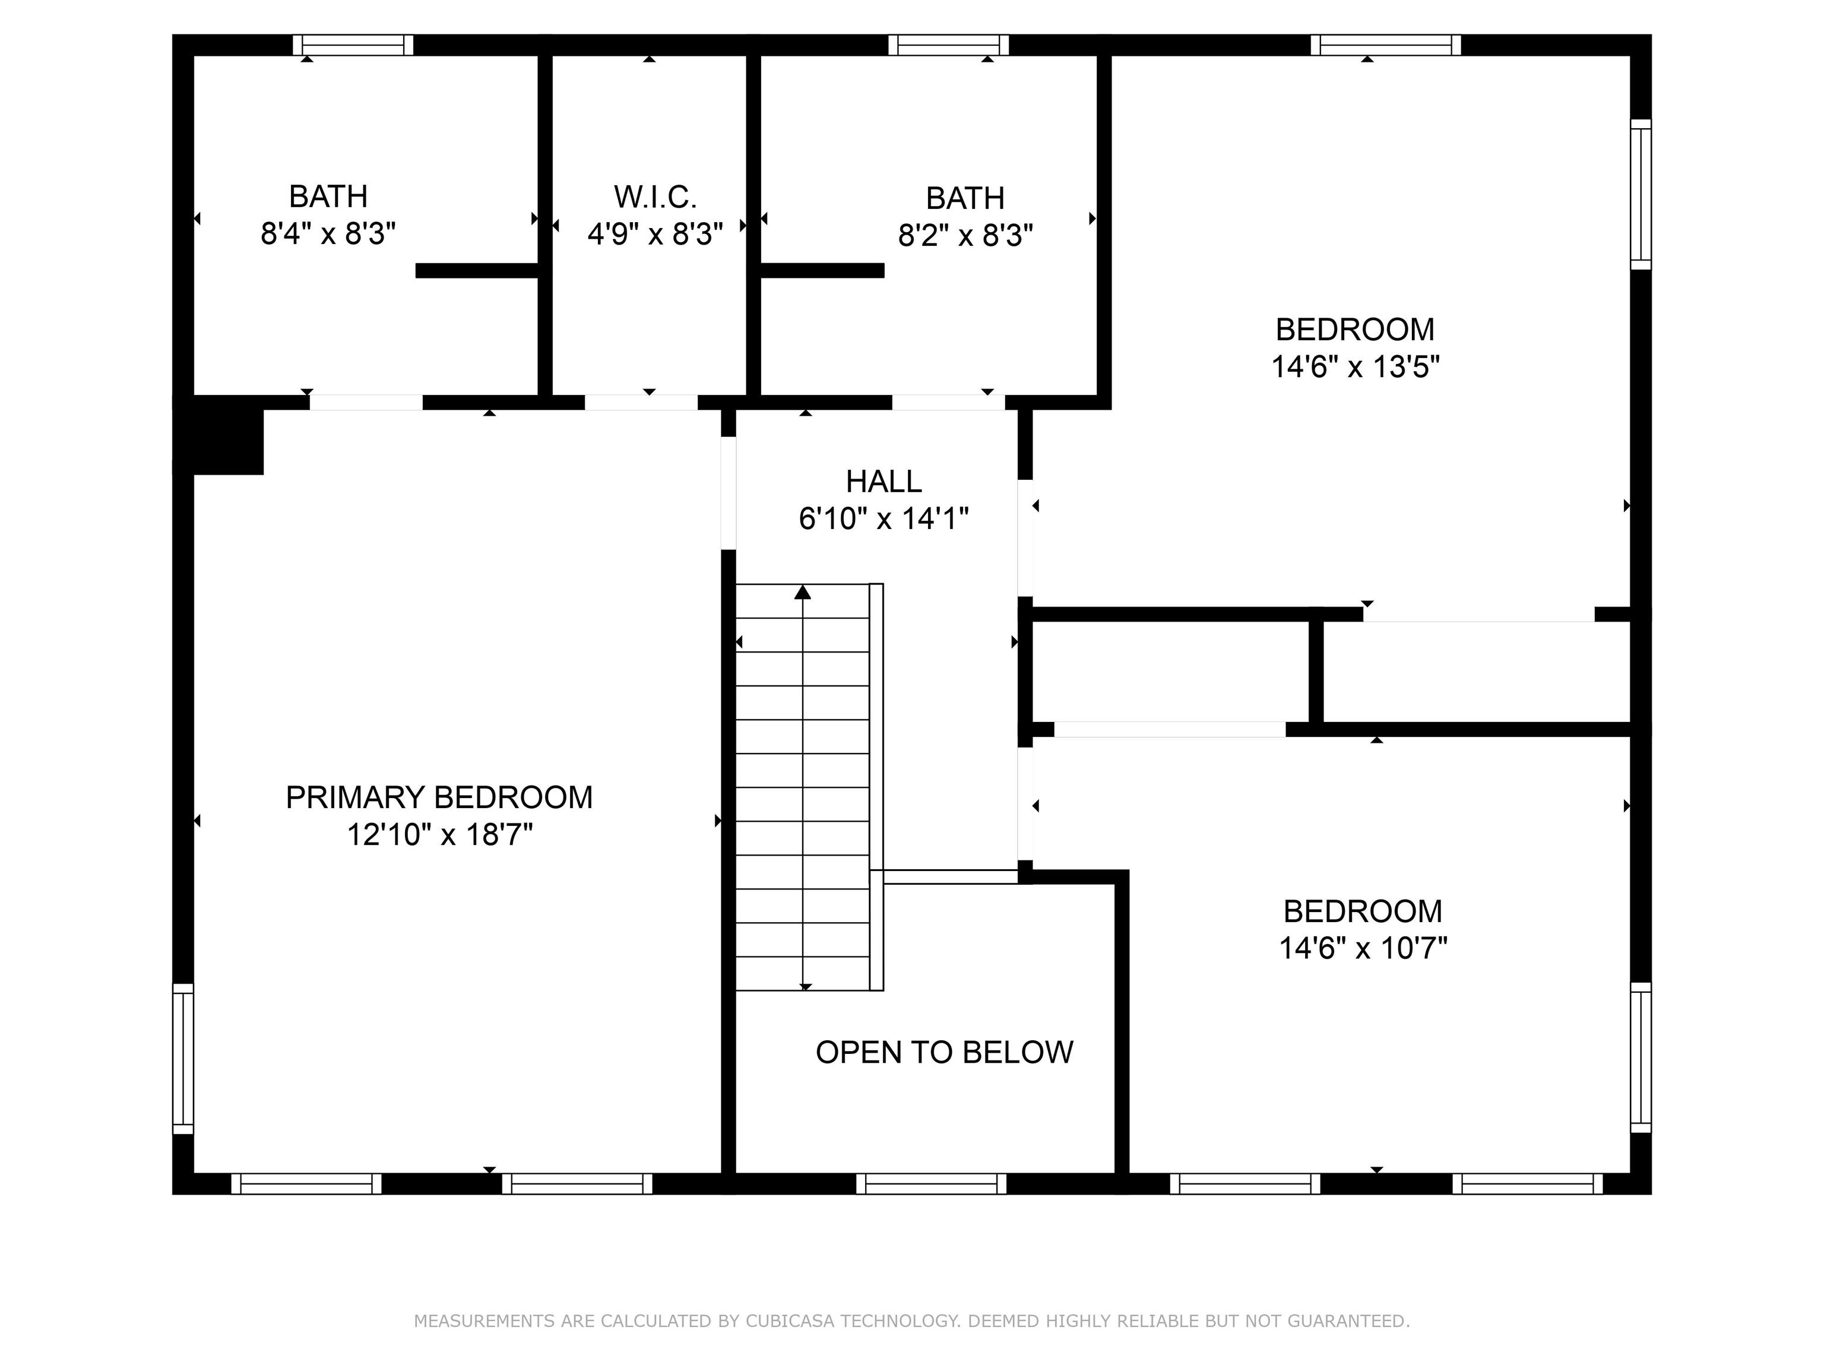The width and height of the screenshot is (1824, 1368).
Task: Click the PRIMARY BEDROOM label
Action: click(439, 797)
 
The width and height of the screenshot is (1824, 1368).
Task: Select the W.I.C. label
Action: click(655, 197)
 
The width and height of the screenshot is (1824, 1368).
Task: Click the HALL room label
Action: click(883, 482)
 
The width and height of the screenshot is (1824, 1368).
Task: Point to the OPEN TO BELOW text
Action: click(944, 1052)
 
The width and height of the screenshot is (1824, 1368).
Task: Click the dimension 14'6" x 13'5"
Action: click(1355, 367)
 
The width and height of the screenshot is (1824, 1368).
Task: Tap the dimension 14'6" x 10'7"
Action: click(1362, 948)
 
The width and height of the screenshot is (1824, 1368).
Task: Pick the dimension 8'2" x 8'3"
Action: click(965, 236)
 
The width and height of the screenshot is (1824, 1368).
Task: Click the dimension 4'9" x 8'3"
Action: click(655, 234)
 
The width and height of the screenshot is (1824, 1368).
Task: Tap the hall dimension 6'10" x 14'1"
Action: click(883, 519)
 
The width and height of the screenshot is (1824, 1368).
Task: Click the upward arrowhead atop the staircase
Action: click(802, 592)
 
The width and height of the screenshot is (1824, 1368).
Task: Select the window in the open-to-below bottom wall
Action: click(931, 1184)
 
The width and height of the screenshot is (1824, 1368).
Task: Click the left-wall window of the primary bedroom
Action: click(183, 1058)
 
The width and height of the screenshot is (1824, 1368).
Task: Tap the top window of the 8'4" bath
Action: click(353, 45)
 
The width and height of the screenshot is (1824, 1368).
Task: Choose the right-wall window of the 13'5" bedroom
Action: click(1641, 195)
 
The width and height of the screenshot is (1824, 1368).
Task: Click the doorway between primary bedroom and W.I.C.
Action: click(641, 403)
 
